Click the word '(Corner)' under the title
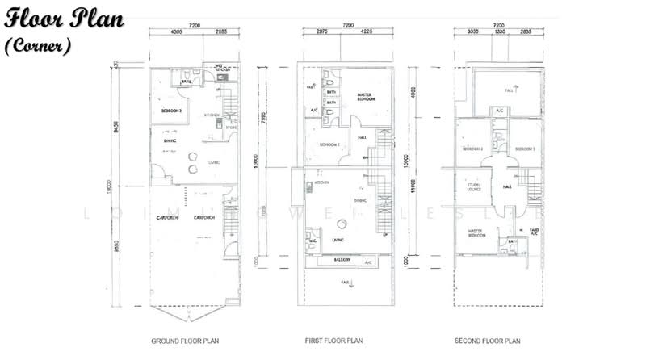(39, 46)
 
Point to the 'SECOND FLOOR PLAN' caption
(487, 341)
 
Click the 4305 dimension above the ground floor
(178, 33)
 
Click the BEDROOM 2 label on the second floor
(472, 149)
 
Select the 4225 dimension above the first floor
(367, 33)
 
